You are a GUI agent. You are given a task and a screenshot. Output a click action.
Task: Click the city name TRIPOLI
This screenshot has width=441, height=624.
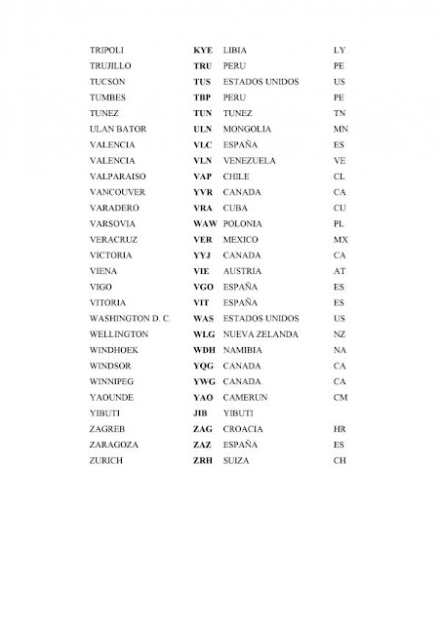[106, 48]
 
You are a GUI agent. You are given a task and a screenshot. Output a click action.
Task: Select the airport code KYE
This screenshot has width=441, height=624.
[203, 48]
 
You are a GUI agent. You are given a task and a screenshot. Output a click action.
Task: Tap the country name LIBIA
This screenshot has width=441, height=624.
[235, 48]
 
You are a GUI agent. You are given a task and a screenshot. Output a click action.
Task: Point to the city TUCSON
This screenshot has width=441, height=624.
[106, 81]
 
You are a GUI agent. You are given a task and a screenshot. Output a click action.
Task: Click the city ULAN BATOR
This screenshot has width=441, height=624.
[116, 129]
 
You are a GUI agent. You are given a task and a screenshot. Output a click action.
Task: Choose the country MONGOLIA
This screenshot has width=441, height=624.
[248, 129]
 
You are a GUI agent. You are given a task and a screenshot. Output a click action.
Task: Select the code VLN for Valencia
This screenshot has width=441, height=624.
[203, 160]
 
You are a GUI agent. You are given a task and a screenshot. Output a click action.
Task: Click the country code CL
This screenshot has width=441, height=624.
[340, 176]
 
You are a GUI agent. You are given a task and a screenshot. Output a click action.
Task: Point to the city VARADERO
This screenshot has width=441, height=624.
[112, 208]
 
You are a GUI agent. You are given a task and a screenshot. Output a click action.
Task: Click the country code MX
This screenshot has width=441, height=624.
[341, 239]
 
